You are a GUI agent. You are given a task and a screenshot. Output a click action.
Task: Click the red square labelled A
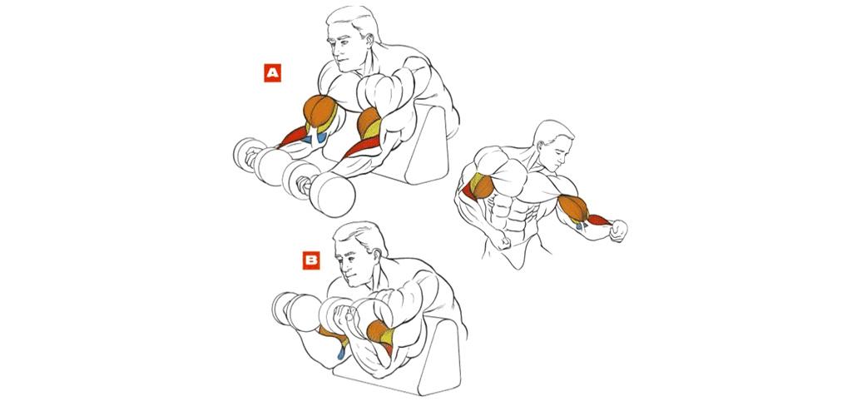(273, 73)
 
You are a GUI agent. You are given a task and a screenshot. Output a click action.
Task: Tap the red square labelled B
(311, 260)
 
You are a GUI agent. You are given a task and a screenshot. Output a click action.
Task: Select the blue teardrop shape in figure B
(340, 354)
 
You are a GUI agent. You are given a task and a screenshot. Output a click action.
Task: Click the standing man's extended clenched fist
(618, 230)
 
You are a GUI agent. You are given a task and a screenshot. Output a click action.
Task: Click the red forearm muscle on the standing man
(599, 220)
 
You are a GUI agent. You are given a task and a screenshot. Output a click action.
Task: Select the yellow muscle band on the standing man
(476, 182)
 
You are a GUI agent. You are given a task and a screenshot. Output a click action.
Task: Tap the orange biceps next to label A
(319, 111)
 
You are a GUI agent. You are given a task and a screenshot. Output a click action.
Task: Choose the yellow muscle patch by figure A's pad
(373, 129)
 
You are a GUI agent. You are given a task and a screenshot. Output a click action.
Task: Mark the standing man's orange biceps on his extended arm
(572, 207)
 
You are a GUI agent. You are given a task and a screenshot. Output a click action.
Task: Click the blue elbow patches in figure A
(316, 138)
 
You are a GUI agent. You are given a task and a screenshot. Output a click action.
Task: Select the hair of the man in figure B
(361, 235)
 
